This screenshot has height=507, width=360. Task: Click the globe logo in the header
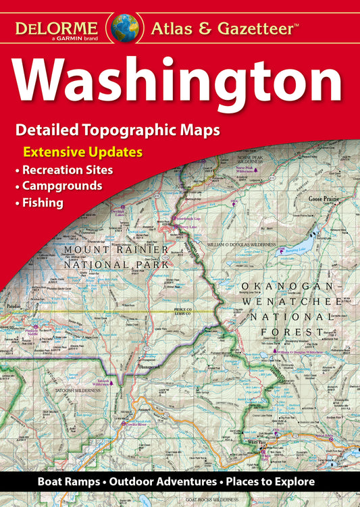[x=126, y=28]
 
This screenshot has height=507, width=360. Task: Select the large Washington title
[x=179, y=82]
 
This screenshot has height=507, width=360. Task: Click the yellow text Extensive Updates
[x=82, y=152]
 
